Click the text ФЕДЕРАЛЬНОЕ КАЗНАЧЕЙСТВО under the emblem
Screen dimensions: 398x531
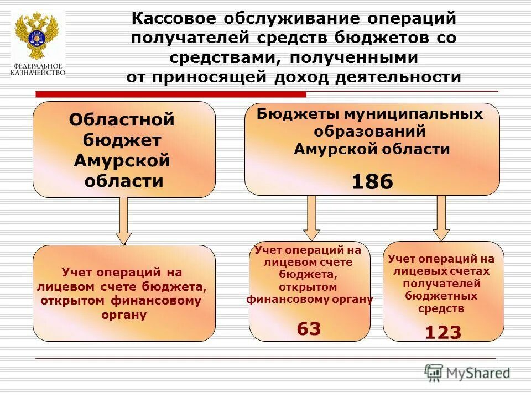tap(38, 69)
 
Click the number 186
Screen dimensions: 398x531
tap(372, 181)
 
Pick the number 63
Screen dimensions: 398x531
tap(309, 329)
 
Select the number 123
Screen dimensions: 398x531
tap(442, 332)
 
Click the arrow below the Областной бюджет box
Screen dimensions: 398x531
tap(124, 221)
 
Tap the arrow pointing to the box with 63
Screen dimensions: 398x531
tap(311, 218)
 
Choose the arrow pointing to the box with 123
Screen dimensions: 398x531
tap(441, 218)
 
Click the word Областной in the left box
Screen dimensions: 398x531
tap(122, 120)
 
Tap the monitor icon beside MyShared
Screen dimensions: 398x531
tap(434, 373)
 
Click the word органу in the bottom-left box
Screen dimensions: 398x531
tap(124, 315)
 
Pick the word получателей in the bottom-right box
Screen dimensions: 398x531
tap(441, 284)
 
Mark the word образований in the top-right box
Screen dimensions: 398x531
tap(369, 132)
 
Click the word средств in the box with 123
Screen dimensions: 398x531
tap(441, 309)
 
